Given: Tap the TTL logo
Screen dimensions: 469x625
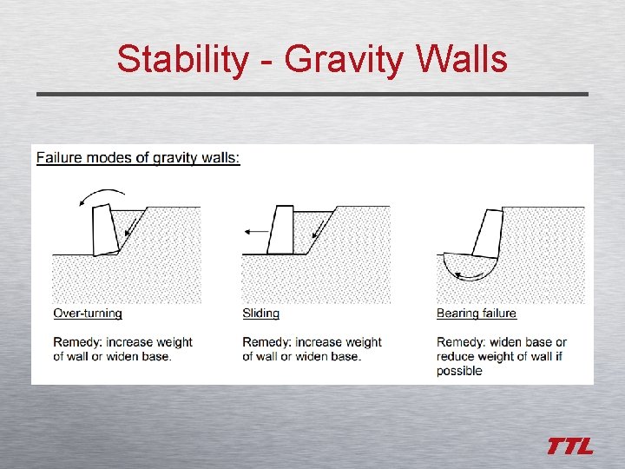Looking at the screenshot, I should tap(569, 446).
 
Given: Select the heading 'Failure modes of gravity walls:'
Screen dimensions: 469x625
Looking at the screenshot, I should tap(138, 157).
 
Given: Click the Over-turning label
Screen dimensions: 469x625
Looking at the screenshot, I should tap(88, 313).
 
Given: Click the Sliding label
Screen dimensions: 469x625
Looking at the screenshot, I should tap(260, 313).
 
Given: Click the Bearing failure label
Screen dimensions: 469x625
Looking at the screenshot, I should tap(476, 313).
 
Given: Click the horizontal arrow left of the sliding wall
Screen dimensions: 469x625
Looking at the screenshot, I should tap(257, 232).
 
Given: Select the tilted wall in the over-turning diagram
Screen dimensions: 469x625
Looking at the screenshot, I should tap(105, 229).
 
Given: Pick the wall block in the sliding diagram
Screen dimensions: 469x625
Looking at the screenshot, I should tap(281, 230).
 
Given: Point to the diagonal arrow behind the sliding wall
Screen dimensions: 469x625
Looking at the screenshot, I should tap(316, 230).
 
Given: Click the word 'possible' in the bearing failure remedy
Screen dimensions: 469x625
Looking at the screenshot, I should tap(459, 371).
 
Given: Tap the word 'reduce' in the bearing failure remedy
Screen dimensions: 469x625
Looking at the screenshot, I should tap(457, 357).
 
